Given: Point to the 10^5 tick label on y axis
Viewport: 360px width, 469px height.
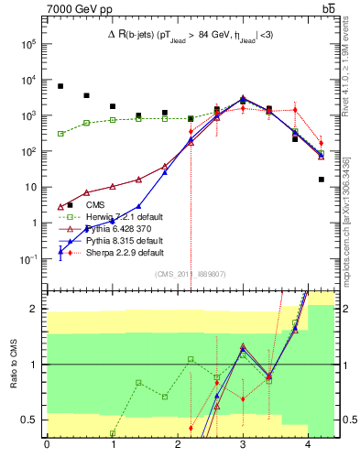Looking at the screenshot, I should [x=28, y=43].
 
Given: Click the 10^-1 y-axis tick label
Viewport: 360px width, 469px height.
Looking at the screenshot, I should [x=28, y=259].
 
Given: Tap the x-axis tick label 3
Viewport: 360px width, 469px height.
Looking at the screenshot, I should [x=243, y=445].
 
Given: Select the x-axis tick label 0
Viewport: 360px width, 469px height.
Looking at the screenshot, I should [x=47, y=445].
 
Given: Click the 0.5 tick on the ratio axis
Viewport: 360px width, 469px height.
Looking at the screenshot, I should [x=33, y=420].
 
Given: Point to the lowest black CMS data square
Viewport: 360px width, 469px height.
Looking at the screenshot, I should [x=322, y=180].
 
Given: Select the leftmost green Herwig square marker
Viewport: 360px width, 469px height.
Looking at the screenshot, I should [x=60, y=134].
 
